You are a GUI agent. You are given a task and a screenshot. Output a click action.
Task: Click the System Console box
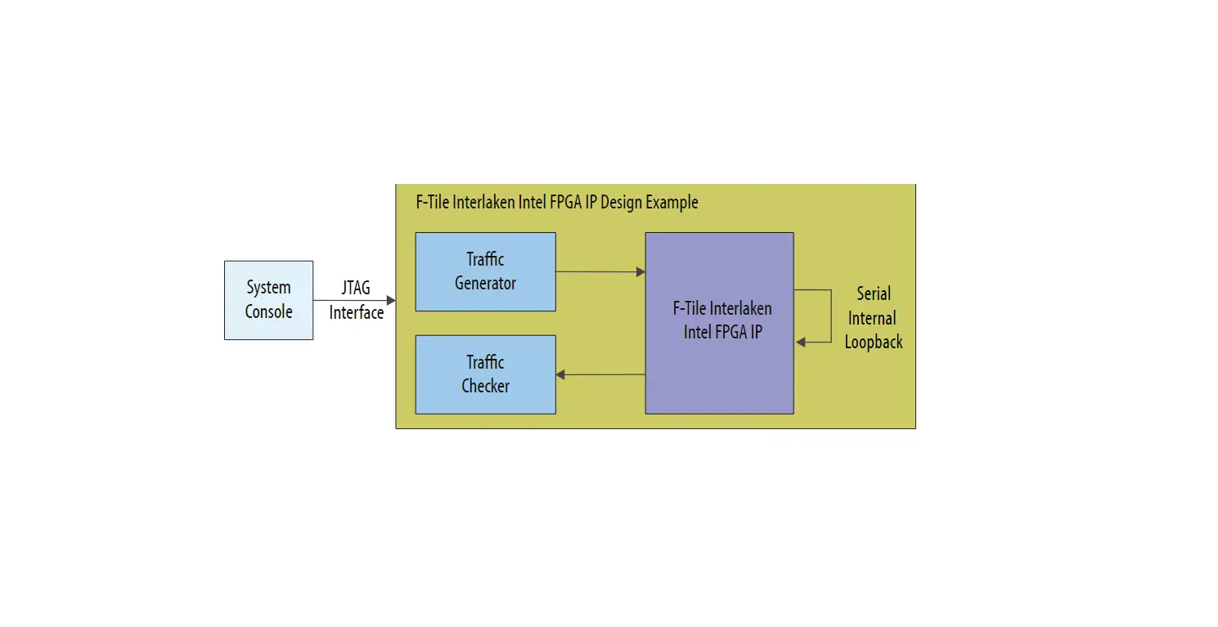coord(268,300)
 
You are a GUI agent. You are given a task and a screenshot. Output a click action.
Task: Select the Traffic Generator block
coord(485,271)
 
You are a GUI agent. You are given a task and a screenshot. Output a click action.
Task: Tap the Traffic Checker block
coord(485,374)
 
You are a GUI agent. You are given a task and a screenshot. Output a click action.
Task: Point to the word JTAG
coord(356,289)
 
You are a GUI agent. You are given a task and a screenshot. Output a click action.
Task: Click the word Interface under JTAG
coord(356,312)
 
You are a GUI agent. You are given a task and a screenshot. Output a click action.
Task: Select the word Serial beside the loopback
coord(874,293)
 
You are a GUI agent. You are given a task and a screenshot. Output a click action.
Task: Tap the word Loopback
coord(874,343)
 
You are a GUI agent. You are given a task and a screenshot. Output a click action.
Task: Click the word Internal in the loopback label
coord(872,318)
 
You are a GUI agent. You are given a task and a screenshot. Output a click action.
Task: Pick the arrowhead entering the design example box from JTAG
coord(391,301)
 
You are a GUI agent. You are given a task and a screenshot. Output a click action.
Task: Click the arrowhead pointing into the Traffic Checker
coord(561,374)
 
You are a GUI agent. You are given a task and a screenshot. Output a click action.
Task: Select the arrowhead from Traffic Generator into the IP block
coord(640,272)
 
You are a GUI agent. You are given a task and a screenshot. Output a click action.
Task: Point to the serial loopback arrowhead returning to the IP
coord(801,342)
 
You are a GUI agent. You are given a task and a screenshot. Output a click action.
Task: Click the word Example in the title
coord(672,202)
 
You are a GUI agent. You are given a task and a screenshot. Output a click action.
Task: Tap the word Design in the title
coord(621,202)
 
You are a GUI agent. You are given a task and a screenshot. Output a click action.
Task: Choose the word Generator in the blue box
coord(485,284)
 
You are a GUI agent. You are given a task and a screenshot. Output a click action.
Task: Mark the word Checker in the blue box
coord(485,386)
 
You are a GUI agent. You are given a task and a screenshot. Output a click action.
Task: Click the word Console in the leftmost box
coord(268,311)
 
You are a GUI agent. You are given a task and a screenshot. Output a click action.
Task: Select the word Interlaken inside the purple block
coord(740,308)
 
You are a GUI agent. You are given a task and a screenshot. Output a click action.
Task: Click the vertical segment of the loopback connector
coord(808,316)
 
